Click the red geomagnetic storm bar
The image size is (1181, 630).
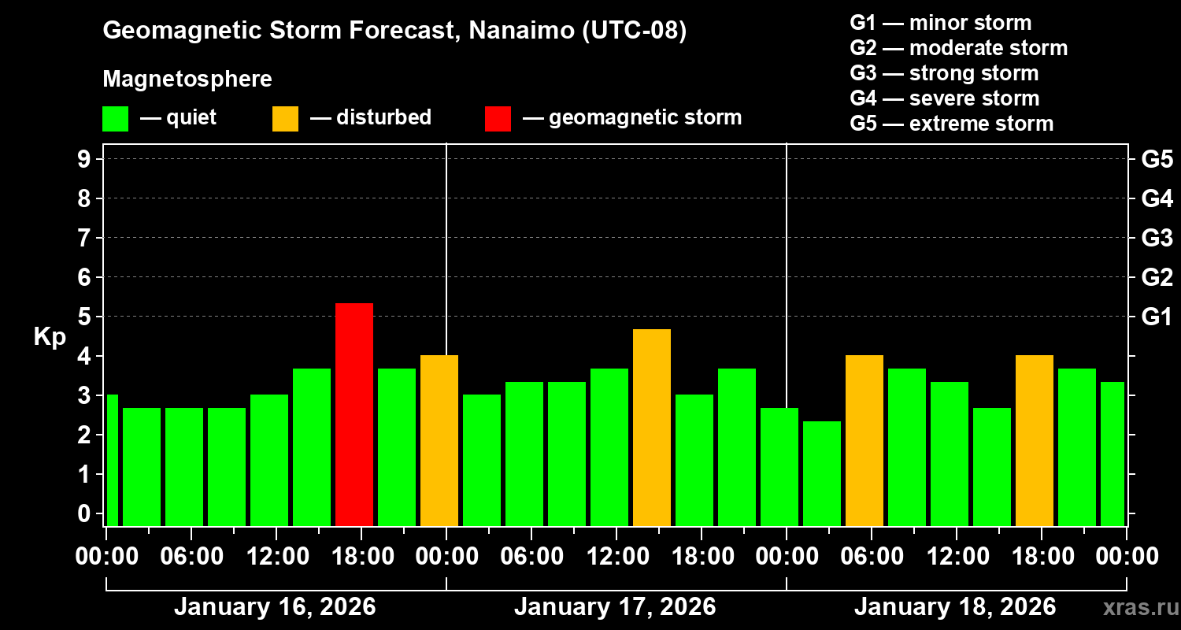354,414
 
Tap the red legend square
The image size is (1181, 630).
498,118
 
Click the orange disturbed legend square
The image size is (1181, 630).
285,118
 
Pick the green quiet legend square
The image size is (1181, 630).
115,118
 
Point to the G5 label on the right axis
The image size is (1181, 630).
1157,160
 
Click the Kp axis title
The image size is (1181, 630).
50,337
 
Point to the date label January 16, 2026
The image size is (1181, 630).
275,607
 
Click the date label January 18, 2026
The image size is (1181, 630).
955,607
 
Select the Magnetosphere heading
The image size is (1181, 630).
187,80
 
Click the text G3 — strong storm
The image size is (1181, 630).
944,73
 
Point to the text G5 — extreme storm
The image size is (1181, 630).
951,124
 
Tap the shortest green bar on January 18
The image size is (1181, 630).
821,473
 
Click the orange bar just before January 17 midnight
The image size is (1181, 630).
439,440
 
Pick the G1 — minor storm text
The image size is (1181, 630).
940,23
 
